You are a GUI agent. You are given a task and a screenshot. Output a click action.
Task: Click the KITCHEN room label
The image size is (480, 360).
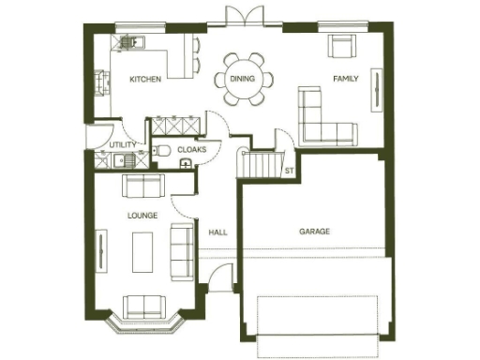tap(145, 80)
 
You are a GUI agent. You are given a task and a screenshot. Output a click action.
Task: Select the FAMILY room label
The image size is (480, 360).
tap(347, 80)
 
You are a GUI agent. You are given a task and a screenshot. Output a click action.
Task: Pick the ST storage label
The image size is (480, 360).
tap(289, 172)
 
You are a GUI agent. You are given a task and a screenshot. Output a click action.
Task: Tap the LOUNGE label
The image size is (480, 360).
tap(142, 216)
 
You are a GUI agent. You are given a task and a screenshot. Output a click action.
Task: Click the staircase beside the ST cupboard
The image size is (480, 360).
tap(255, 164)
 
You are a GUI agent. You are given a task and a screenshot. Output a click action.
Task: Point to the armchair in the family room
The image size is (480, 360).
tap(340, 46)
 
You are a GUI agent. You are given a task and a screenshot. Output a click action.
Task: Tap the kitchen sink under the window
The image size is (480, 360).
tap(129, 42)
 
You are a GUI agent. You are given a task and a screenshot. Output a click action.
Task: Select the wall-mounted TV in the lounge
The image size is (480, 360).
tap(100, 248)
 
